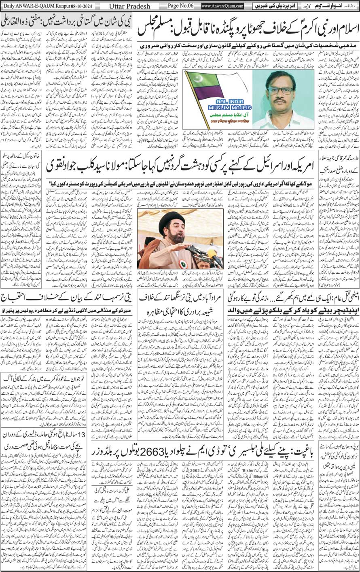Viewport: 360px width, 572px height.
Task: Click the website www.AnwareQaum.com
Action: [222, 6]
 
